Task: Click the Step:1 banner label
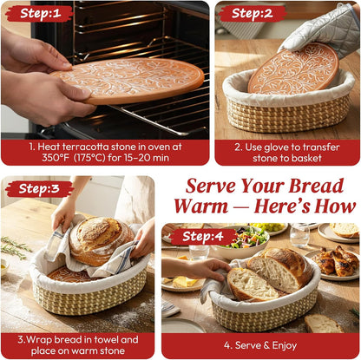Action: click(x=37, y=13)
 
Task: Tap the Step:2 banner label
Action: click(x=252, y=13)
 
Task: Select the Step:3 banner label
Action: click(x=39, y=188)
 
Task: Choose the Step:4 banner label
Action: click(x=202, y=236)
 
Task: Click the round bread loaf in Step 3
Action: click(x=96, y=239)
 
